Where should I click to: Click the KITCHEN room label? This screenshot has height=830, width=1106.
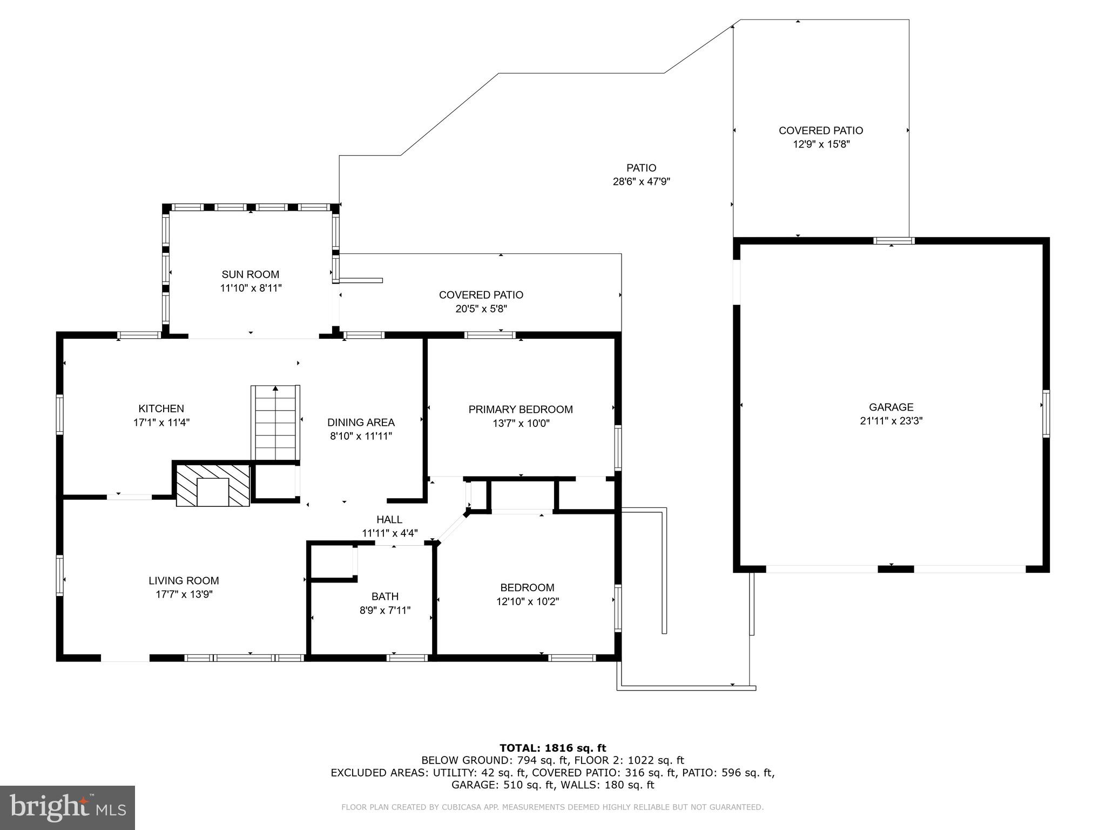161,409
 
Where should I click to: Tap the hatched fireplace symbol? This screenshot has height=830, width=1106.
213,484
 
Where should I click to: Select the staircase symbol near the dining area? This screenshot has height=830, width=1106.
275,423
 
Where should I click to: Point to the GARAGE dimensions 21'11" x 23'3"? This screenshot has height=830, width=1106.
891,421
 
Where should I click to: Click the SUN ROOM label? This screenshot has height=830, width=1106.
251,274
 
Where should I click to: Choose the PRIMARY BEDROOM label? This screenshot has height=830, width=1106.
520,410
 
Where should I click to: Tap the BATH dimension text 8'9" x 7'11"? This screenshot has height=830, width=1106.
385,611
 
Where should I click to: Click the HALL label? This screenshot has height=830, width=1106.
389,519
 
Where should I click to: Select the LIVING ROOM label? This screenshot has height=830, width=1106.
184,581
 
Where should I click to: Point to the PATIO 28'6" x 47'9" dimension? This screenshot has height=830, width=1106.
641,182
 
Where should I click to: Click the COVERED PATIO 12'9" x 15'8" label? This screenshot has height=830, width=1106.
820,130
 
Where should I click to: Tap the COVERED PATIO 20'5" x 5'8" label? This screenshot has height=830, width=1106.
481,295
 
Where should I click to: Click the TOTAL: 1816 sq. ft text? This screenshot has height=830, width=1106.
552,748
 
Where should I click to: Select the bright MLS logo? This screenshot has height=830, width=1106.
68,807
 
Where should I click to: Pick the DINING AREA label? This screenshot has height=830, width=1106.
361,423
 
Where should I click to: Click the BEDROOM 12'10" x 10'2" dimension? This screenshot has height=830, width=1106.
527,601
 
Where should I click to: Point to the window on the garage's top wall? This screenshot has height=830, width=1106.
894,240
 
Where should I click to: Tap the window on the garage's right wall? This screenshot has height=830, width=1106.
1046,413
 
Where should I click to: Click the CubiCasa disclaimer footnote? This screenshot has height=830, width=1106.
552,807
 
